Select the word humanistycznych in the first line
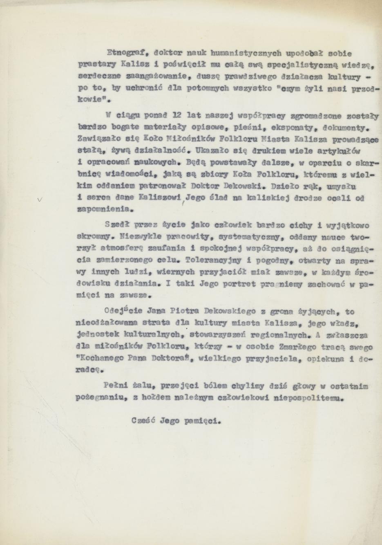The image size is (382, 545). click(x=241, y=53)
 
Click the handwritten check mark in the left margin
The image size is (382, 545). click(x=39, y=200)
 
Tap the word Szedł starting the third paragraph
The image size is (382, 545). click(x=116, y=225)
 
